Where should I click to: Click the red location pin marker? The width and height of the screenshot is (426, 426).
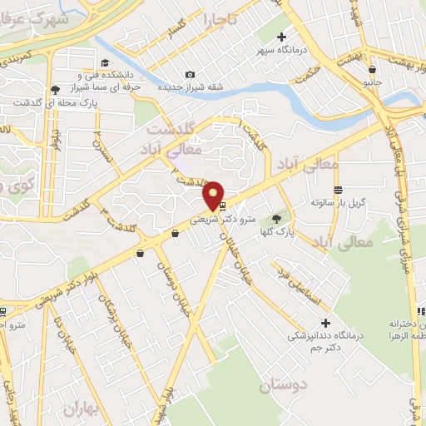(214, 195)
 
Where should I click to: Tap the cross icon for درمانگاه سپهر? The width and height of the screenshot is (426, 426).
(282, 37)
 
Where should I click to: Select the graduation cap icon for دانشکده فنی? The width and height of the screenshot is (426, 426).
(106, 63)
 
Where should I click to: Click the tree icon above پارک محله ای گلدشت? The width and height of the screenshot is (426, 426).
(55, 89)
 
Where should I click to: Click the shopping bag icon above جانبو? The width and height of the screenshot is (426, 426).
(374, 70)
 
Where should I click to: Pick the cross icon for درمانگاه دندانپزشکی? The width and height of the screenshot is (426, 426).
(325, 322)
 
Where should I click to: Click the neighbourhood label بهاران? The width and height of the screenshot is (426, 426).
(80, 409)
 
